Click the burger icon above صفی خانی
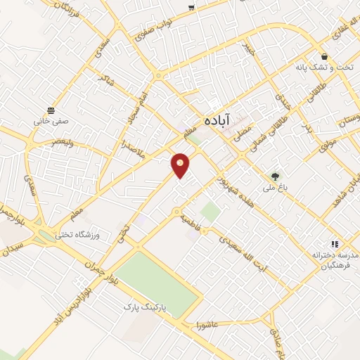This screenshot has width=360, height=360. (51, 110)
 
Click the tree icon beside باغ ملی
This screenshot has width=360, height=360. (276, 176)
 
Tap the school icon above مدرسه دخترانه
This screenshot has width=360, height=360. (334, 243)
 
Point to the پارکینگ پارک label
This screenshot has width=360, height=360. (145, 308)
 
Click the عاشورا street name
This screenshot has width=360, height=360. (211, 324)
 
